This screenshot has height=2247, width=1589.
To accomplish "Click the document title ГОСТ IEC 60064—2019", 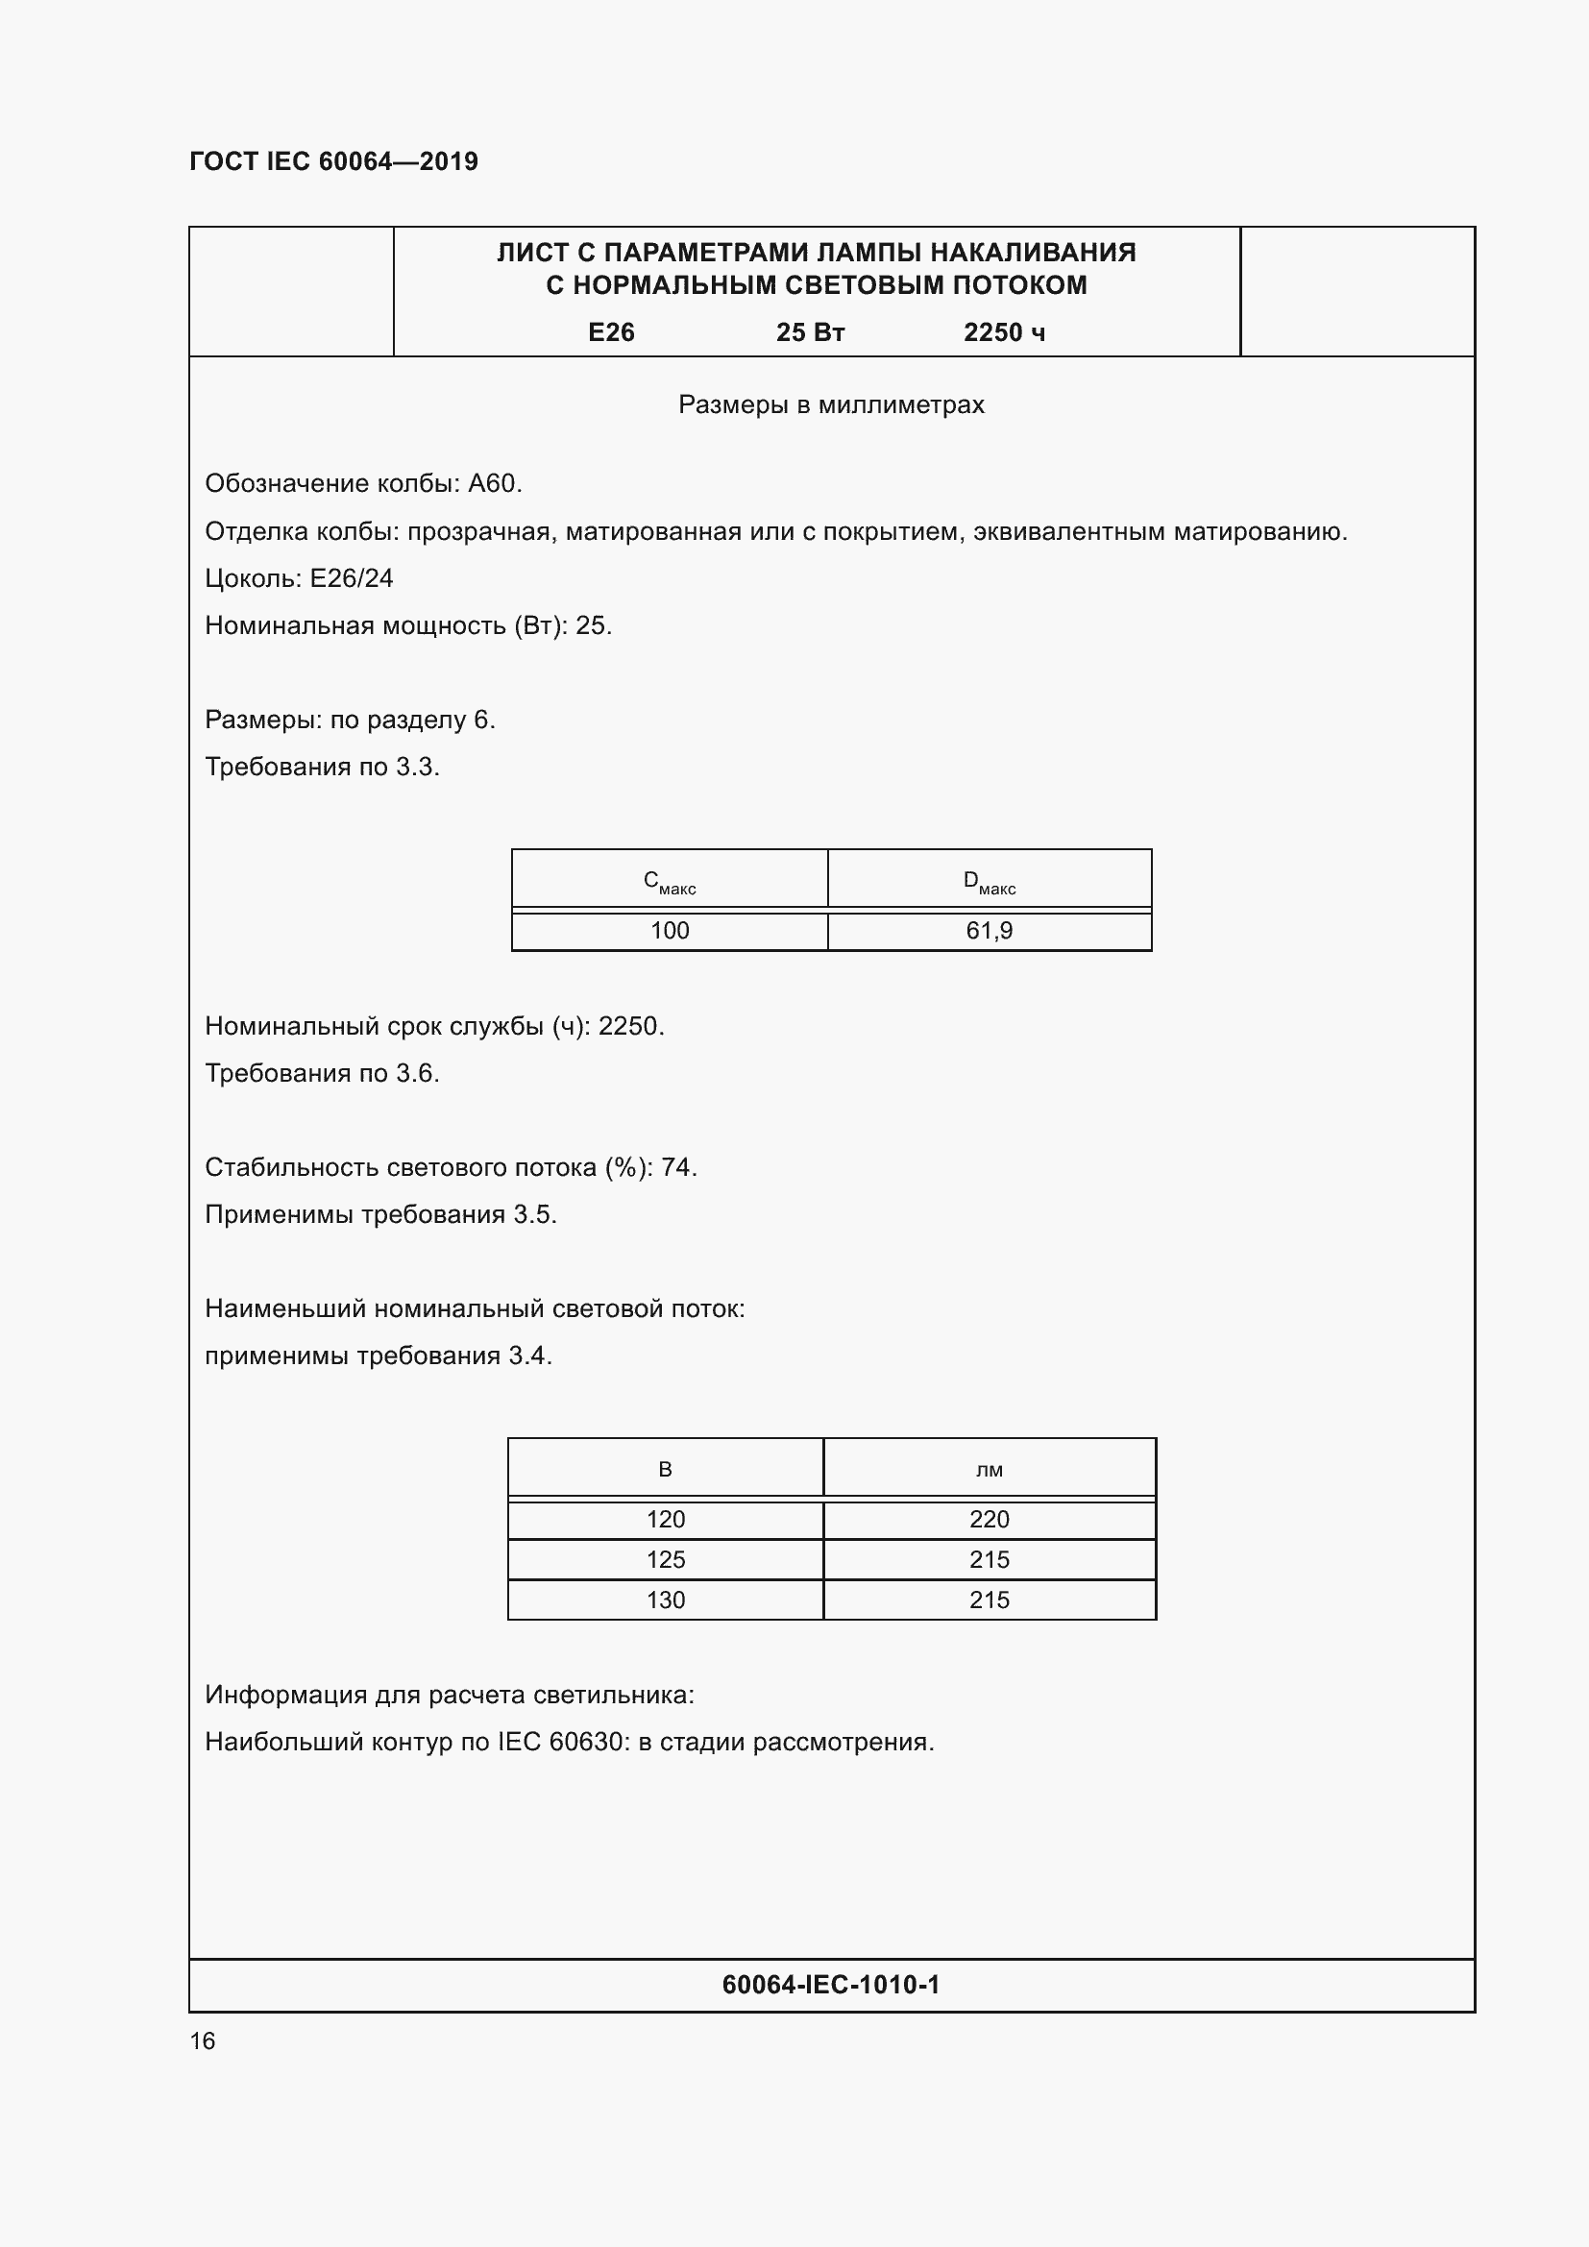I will pos(333,161).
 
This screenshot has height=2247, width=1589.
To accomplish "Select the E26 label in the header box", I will pos(611,332).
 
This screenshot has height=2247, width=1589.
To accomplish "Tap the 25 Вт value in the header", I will pos(810,332).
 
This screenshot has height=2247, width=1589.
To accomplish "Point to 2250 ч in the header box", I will pos(1004,332).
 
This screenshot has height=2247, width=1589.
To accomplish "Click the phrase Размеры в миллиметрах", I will pos(831,404).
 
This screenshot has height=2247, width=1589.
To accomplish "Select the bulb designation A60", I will pos(494,483).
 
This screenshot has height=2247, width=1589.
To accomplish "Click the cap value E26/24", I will pos(352,578).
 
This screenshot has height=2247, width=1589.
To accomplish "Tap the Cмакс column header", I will pos(670,882).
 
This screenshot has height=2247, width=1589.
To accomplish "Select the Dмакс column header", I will pos(990,882).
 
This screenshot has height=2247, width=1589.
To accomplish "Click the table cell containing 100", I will pos(670,931).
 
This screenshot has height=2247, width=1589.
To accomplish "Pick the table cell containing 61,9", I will pos(990,931).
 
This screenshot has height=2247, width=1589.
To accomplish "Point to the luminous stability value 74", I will pos(677,1167).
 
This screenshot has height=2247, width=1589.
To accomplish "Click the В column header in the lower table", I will pos(666,1469).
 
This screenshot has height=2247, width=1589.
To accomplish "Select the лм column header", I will pos(990,1469).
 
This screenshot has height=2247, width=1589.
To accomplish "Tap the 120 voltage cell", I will pos(666,1519).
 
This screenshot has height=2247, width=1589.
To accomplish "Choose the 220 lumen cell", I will pos(990,1519).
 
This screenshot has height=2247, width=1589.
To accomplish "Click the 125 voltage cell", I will pos(666,1559).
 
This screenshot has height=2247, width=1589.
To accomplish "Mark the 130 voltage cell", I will pos(666,1600).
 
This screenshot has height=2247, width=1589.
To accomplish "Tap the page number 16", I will pos(203,2040).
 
